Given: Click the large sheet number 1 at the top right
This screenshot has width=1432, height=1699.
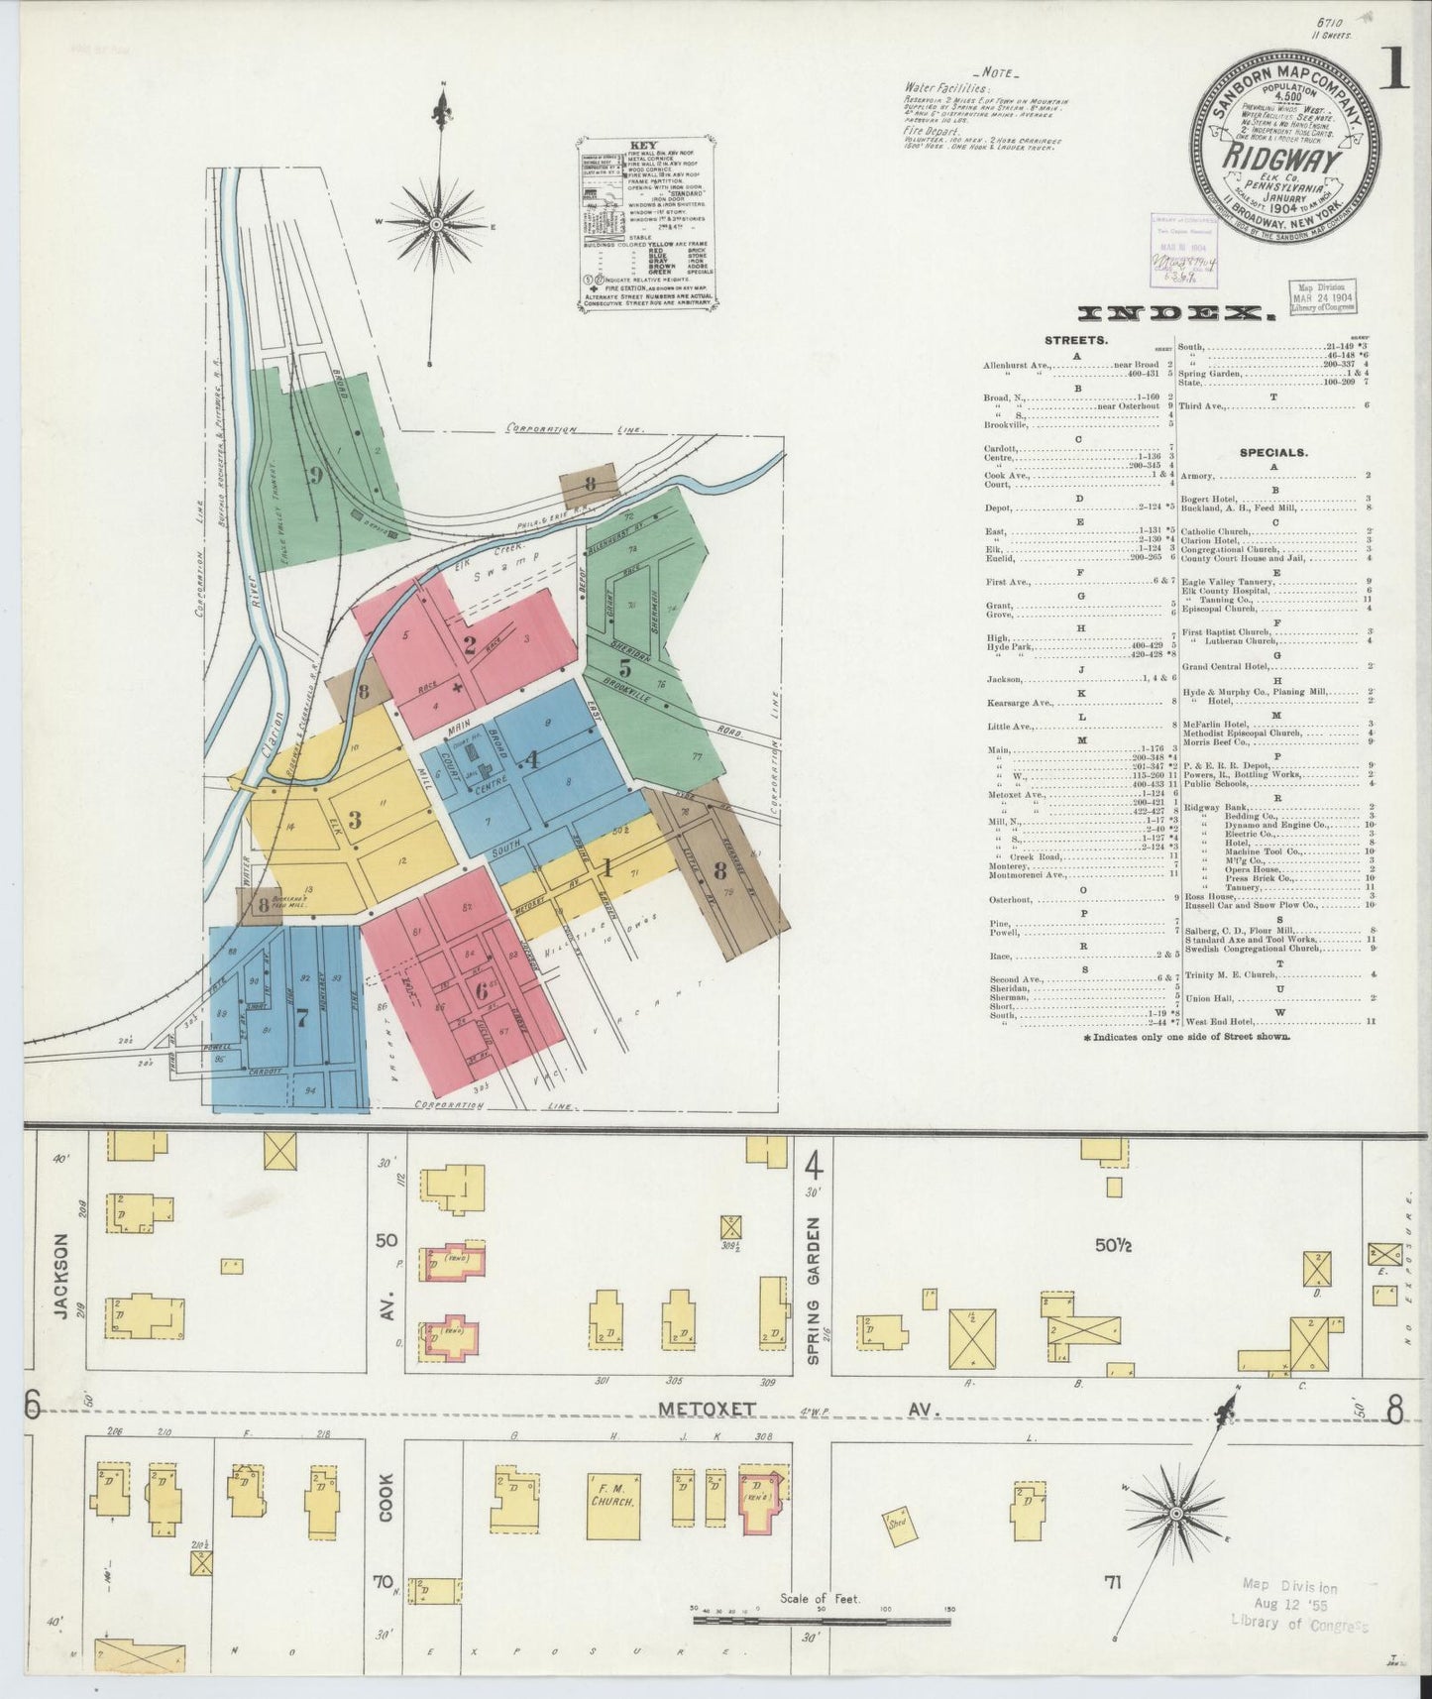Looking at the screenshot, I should (1396, 70).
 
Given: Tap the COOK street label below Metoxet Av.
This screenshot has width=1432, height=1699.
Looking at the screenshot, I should (386, 1500).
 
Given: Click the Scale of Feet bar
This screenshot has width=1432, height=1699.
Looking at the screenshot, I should (822, 1622).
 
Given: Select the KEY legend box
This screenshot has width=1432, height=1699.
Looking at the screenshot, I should (644, 227).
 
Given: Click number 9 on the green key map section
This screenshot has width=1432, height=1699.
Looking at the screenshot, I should (315, 475).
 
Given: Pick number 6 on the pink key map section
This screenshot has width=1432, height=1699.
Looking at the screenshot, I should (482, 989).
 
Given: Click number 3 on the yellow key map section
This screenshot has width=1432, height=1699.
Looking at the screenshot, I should (354, 819).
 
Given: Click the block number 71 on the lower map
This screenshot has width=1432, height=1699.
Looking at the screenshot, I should (1114, 1582).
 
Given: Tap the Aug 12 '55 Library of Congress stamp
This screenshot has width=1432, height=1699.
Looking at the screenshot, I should (1299, 1604).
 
